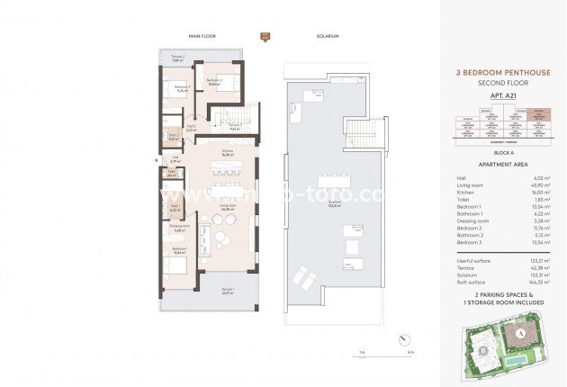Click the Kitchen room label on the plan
click(x=228, y=153)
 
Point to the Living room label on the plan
click(x=228, y=211)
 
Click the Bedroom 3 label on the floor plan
click(x=213, y=81)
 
